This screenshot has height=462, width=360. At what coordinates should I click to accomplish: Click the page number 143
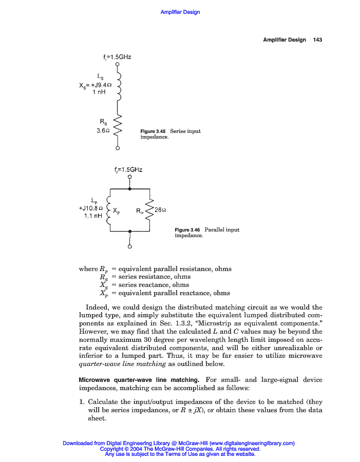coord(317,40)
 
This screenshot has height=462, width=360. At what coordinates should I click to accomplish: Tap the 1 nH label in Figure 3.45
coord(100,92)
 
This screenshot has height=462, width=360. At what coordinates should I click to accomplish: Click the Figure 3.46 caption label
coord(188,229)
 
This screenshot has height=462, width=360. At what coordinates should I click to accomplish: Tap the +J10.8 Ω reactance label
coord(91,208)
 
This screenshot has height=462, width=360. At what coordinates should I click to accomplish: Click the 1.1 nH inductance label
coord(93,216)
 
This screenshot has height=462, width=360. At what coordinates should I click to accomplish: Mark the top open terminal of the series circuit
coord(118,64)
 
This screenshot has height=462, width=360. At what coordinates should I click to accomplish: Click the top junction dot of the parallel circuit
coord(130,189)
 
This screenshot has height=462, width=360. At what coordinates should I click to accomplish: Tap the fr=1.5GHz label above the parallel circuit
coord(129,169)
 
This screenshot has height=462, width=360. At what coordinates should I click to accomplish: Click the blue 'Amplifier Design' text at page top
coord(180,12)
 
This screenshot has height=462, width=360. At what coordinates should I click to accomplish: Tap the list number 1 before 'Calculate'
coord(83,402)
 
